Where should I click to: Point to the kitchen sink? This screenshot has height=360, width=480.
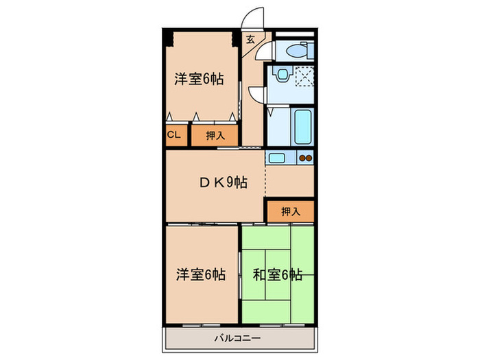pos(278,158)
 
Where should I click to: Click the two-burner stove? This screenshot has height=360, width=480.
pos(306,158)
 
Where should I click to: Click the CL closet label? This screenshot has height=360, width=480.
pos(173,135)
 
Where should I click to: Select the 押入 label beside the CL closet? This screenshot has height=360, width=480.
pos(215,136)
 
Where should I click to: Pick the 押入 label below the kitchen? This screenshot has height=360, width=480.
pos(291,211)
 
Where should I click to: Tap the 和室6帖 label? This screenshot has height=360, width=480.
pos(278,275)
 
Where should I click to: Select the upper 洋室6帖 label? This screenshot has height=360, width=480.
pos(199,79)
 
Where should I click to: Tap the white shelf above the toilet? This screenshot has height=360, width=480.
pos(293,34)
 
